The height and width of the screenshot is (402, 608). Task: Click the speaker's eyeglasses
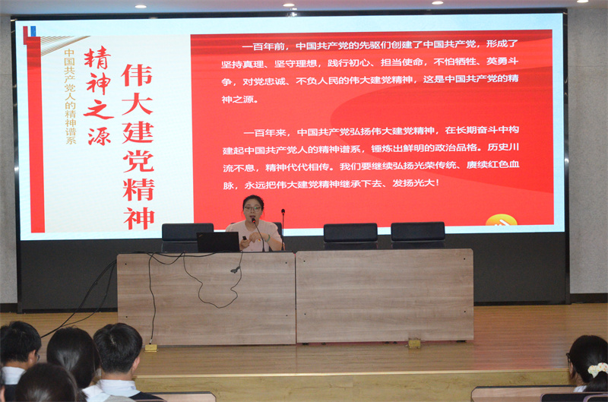click(x=252, y=208)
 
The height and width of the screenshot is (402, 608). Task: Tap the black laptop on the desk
click(x=218, y=242)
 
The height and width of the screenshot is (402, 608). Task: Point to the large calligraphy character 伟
click(x=137, y=75)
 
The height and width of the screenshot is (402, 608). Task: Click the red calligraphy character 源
click(x=100, y=137)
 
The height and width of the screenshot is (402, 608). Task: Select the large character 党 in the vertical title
click(x=138, y=161)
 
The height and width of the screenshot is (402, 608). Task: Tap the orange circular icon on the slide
click(x=501, y=220)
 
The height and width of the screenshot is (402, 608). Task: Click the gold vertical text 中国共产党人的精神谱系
click(x=70, y=97)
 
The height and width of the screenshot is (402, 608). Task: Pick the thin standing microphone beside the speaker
click(x=283, y=229)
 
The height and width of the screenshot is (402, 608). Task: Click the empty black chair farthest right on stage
click(x=417, y=235)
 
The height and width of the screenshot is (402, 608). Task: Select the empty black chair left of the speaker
click(x=187, y=237)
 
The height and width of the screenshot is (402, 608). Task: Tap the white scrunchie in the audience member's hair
click(x=598, y=369)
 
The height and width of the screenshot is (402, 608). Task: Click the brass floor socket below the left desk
click(x=150, y=348)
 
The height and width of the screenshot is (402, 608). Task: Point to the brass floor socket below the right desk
click(x=414, y=343)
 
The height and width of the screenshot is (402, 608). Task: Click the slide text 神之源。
click(x=239, y=100)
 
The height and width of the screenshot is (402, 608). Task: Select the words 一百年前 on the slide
click(x=263, y=47)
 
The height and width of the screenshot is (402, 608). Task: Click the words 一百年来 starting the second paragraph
click(x=264, y=133)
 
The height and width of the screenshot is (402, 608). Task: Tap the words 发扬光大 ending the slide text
click(x=413, y=182)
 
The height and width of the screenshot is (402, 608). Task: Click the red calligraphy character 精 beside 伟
click(x=98, y=59)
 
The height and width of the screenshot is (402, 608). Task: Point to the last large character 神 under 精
click(x=139, y=218)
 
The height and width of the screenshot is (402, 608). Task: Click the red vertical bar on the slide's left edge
click(x=35, y=135)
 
